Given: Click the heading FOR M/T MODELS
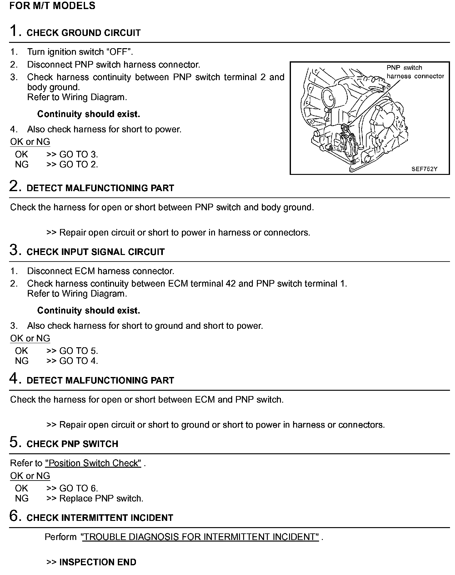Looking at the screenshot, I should [52, 6].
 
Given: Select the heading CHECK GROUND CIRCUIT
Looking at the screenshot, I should [83, 33].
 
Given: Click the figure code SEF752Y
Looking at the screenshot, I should [424, 169].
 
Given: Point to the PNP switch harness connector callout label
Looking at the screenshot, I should [415, 72].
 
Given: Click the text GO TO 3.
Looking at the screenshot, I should [78, 154].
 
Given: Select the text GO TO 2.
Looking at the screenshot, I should [78, 164].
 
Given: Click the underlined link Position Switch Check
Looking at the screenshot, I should [93, 463].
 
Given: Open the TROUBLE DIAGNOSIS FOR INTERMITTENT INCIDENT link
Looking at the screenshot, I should [200, 537].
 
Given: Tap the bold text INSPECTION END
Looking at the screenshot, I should [97, 562].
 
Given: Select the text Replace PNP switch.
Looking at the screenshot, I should [101, 498].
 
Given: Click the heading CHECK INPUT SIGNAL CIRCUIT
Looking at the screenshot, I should [95, 252].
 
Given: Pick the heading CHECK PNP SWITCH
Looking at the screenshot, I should [72, 444].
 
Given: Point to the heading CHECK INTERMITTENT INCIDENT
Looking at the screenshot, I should [100, 518].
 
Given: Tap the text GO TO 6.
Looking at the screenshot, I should [78, 488].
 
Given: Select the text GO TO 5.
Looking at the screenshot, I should [78, 351].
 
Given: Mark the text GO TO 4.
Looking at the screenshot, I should [78, 361].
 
